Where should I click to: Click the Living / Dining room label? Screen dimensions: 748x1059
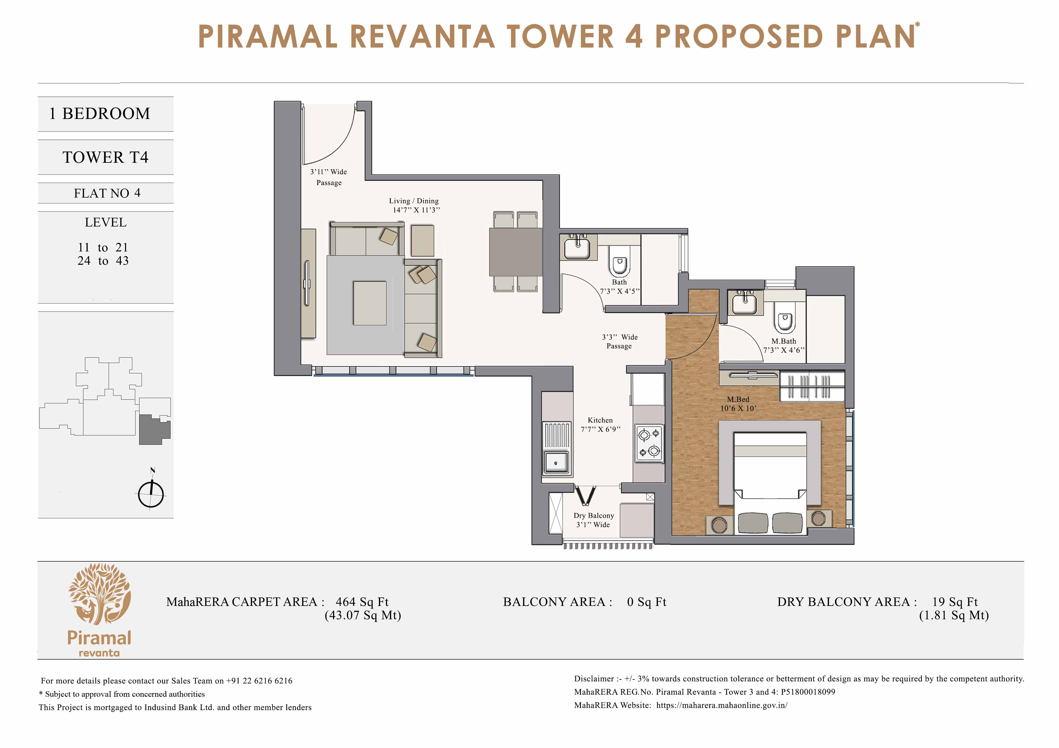pos(414,205)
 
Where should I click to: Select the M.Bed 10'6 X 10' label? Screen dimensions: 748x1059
pos(738,404)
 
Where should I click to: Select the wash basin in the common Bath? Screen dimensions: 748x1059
pos(577,248)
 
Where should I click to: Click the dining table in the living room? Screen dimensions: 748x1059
pos(515,252)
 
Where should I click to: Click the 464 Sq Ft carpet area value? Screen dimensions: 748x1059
pos(362,602)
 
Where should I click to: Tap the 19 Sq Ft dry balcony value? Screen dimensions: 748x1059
pos(954,602)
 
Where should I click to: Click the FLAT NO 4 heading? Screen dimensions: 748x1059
pos(107,193)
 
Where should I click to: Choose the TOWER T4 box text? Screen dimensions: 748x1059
pos(106,157)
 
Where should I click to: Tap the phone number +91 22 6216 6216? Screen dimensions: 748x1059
pos(259,681)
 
